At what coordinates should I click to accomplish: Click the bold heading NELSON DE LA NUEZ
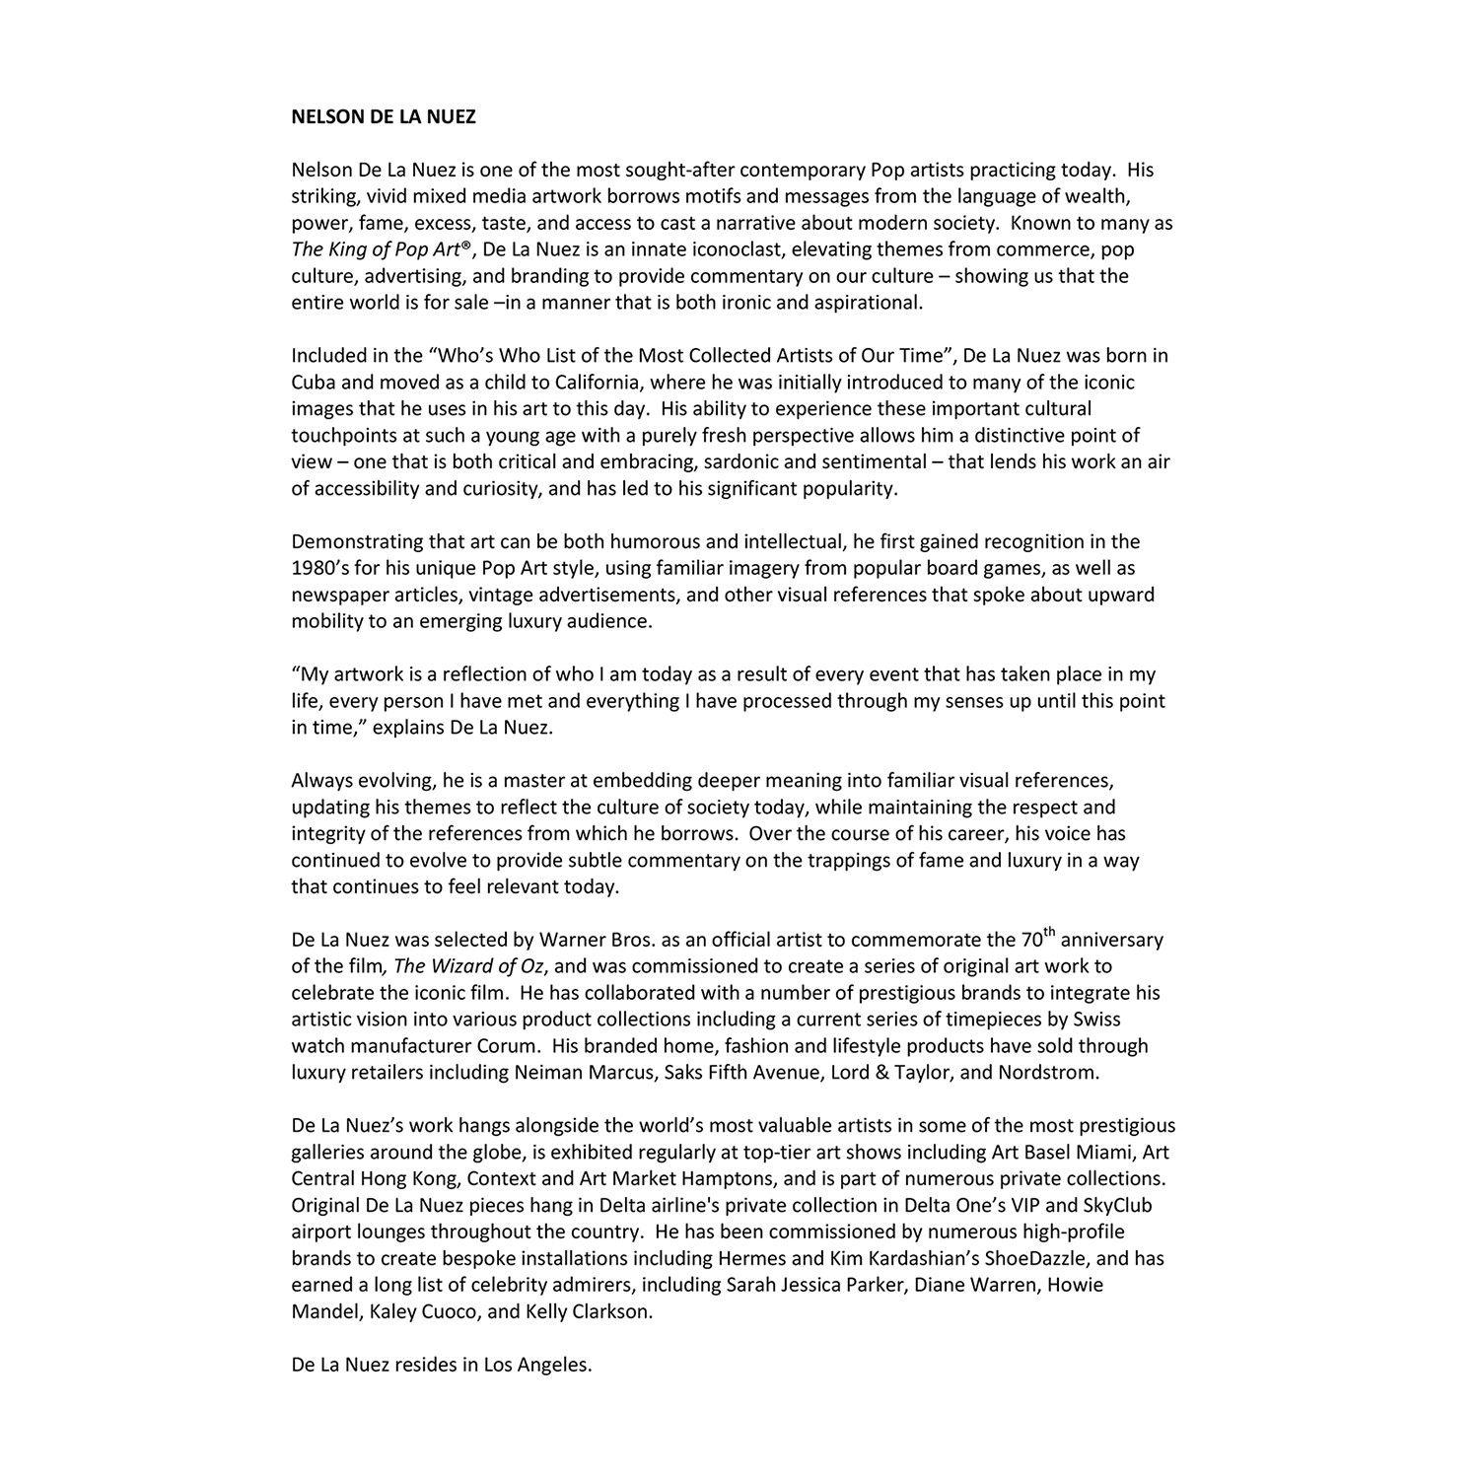pos(384,117)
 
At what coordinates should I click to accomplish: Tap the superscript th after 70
pos(1050,932)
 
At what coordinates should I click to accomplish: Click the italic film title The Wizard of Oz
pos(468,966)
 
